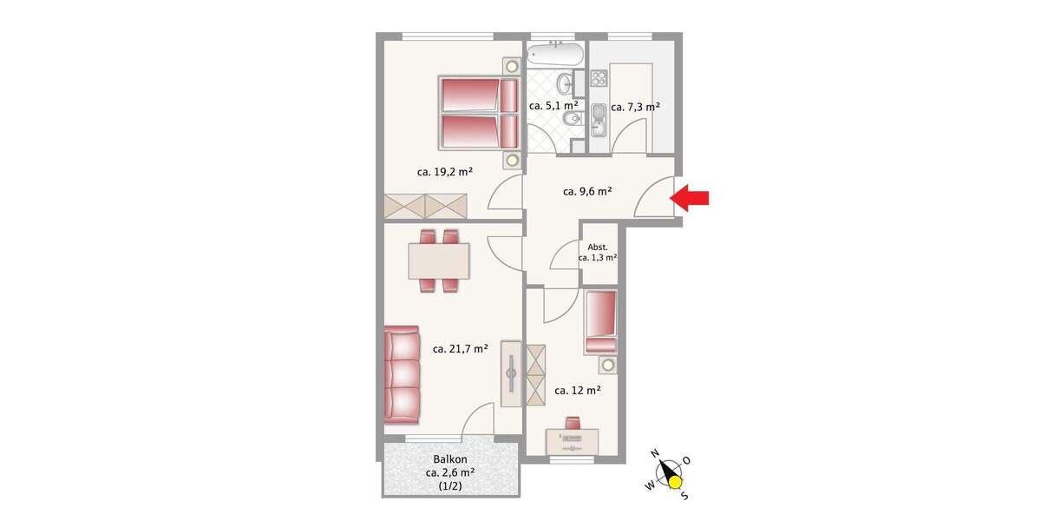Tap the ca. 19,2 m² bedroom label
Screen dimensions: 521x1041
click(x=444, y=172)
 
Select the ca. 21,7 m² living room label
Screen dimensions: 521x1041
click(x=460, y=349)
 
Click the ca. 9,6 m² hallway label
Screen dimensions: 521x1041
click(x=588, y=191)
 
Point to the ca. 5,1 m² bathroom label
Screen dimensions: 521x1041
click(x=553, y=106)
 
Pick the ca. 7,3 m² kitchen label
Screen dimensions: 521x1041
click(x=636, y=107)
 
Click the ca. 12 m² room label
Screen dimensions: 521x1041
click(x=578, y=390)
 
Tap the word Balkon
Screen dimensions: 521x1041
click(x=450, y=460)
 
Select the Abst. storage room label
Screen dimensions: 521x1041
click(x=598, y=247)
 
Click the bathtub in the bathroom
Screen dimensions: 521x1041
click(x=555, y=56)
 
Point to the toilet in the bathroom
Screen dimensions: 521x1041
click(x=569, y=120)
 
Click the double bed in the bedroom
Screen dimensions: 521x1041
click(x=478, y=113)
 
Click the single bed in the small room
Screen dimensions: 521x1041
click(x=601, y=320)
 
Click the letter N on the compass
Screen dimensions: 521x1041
click(x=657, y=452)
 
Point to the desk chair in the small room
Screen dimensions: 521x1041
click(x=573, y=423)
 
